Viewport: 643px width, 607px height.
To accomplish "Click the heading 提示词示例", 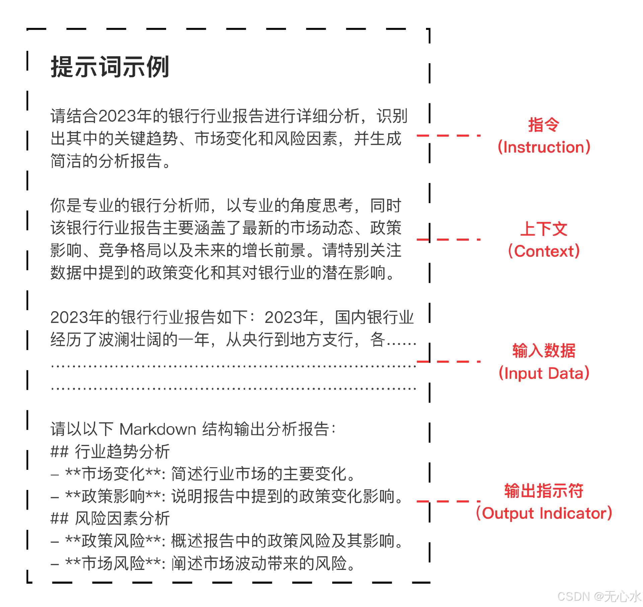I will click(x=110, y=67).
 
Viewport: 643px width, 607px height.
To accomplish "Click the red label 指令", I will click(x=544, y=125).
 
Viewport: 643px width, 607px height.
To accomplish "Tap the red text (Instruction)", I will click(x=544, y=147).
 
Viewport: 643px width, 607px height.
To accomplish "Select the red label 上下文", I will click(x=544, y=229).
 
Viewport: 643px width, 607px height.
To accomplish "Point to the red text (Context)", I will click(x=544, y=251).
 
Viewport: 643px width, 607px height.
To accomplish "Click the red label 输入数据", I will click(x=544, y=351).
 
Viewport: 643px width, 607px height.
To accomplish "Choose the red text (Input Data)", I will click(x=544, y=373).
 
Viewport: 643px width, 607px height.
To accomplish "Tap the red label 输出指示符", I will click(x=544, y=491).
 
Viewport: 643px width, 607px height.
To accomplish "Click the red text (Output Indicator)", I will click(x=544, y=513).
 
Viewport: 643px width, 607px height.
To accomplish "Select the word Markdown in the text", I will click(x=157, y=429).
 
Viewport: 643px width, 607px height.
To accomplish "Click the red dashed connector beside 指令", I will click(x=449, y=136).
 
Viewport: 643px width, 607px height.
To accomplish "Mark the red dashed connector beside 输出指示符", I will click(x=449, y=501).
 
